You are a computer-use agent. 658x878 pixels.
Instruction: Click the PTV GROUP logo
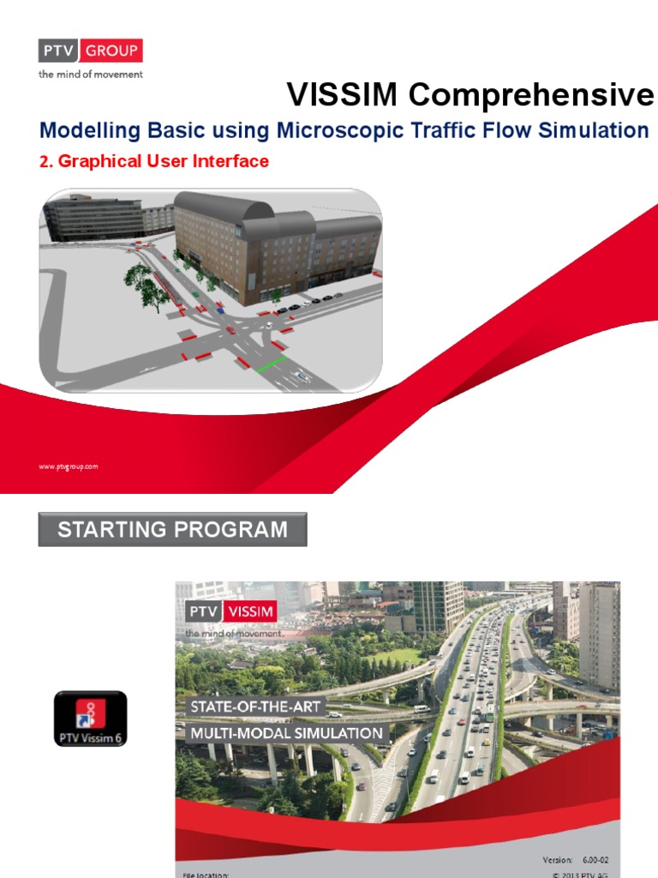[91, 51]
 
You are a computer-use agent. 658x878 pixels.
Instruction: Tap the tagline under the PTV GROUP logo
[91, 75]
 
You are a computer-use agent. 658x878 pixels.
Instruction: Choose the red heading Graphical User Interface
[154, 161]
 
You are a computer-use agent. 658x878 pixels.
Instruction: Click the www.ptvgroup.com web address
[69, 466]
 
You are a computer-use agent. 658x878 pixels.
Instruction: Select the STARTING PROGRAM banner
[172, 530]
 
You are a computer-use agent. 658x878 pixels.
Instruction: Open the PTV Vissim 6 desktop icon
[91, 719]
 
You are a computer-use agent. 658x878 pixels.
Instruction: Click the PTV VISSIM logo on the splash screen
[230, 612]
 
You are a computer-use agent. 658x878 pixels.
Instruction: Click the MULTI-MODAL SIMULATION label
[286, 733]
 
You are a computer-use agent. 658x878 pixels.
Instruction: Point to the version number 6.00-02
[601, 859]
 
